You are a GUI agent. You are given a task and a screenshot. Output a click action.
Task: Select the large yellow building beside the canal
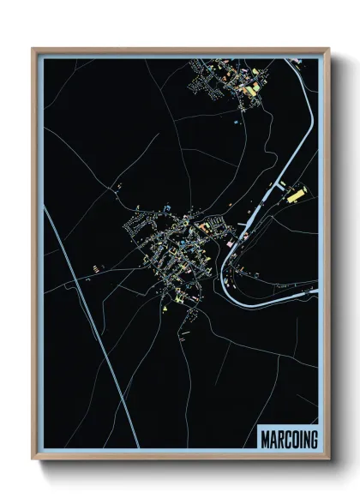coord(296,196)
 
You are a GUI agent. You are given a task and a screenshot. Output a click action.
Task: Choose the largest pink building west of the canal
coord(206,227)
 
